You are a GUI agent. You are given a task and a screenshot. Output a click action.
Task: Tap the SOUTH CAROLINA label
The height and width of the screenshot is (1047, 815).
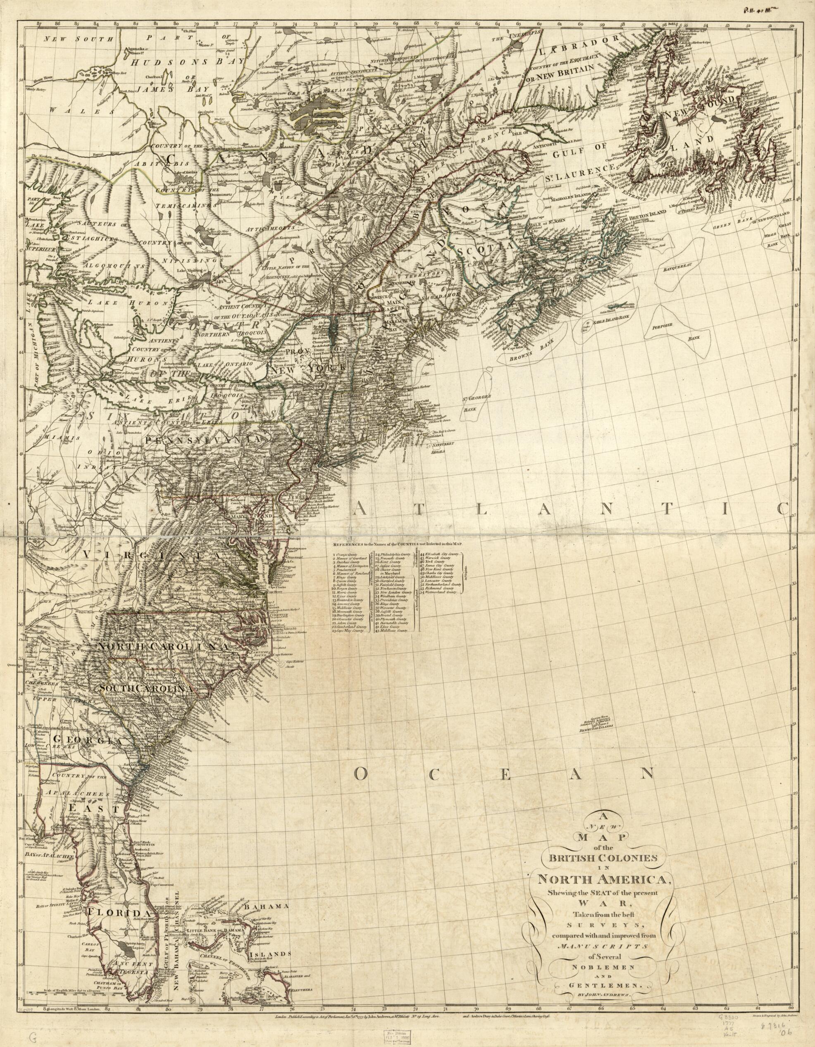pyautogui.click(x=146, y=688)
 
